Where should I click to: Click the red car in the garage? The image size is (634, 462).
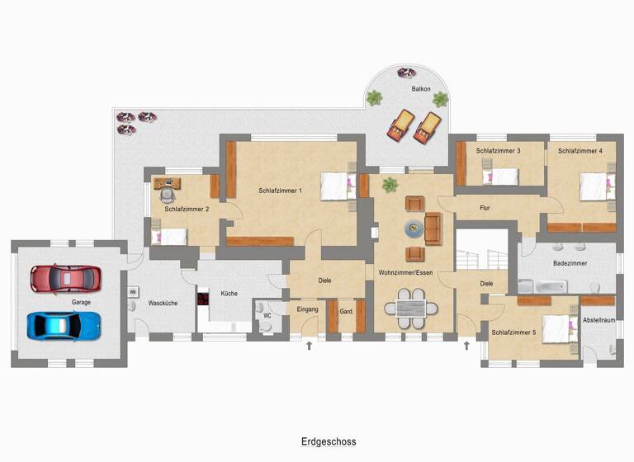64,278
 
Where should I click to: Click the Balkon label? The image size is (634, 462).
421,88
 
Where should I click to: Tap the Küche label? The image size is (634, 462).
229,293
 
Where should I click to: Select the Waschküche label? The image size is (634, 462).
163,303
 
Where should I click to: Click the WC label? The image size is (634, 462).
267,315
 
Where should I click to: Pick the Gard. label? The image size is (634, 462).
347,311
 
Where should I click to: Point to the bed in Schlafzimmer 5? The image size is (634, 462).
559,329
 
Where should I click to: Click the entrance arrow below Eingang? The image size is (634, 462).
309,345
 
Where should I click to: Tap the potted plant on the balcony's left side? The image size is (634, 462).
374,97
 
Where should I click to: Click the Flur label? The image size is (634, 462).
485,208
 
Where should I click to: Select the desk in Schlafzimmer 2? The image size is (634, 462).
166,184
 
